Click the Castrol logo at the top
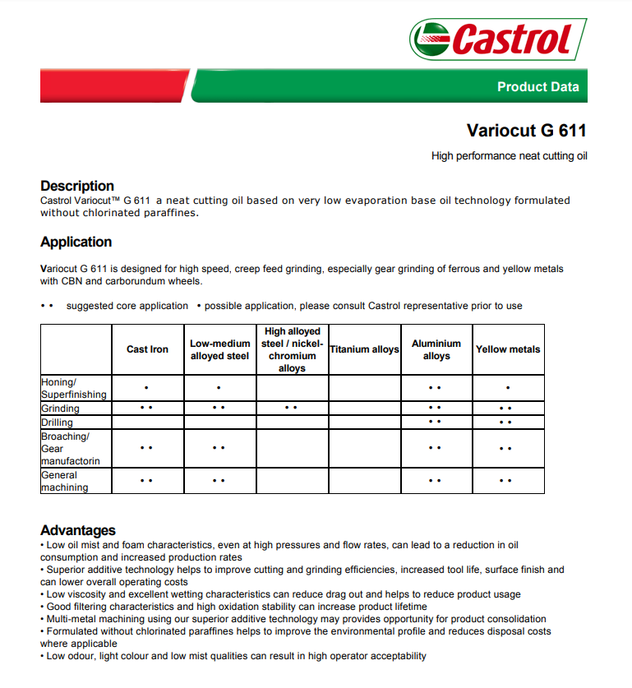pos(498,39)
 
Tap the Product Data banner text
pos(537,86)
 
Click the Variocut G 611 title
pos(526,131)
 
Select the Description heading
pos(77,186)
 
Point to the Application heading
pos(76,242)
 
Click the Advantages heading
pos(78,530)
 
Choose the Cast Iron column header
pos(148,349)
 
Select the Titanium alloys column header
pos(364,349)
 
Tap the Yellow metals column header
pos(508,349)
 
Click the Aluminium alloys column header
pos(436,349)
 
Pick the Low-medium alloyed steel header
pos(219,349)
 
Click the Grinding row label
pos(61,409)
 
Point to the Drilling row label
pos(58,422)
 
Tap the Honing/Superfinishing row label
pos(74,388)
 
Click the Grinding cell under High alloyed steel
pos(292,408)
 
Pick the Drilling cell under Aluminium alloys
pos(436,422)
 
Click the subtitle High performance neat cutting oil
pos(510,155)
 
